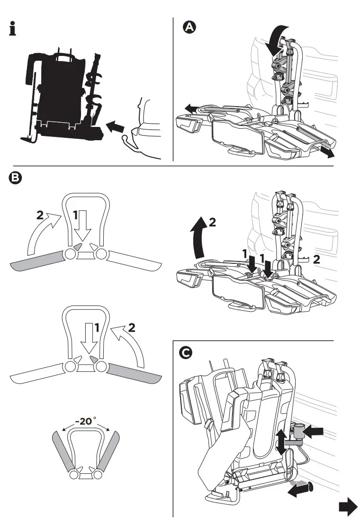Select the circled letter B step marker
[16, 178]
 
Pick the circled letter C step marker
[187, 352]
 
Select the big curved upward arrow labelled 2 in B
[198, 239]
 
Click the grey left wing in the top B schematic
[38, 260]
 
